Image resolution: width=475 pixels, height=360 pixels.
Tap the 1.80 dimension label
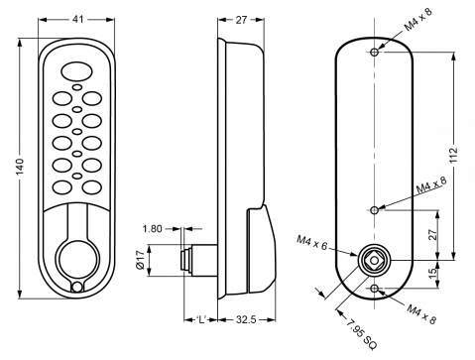point(152,228)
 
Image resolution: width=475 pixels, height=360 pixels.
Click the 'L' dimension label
point(200,320)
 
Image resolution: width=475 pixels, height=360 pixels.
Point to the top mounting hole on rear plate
point(374,51)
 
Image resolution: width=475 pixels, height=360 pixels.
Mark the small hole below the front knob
point(76,290)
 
